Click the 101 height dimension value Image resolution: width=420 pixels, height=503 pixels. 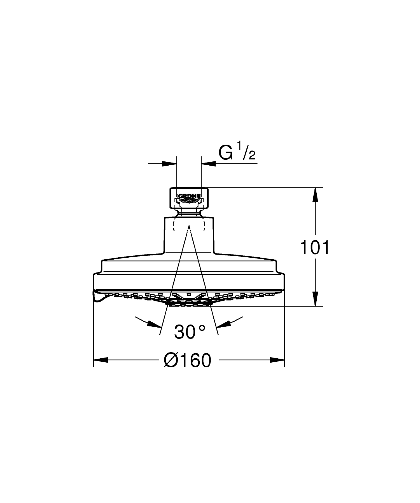pyautogui.click(x=315, y=247)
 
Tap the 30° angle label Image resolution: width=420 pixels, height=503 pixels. pyautogui.click(x=190, y=332)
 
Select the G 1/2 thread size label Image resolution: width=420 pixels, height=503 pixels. pyautogui.click(x=237, y=151)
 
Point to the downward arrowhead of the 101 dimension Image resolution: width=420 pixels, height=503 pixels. pyautogui.click(x=315, y=299)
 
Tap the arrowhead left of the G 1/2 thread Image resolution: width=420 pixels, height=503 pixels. pyautogui.click(x=170, y=164)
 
